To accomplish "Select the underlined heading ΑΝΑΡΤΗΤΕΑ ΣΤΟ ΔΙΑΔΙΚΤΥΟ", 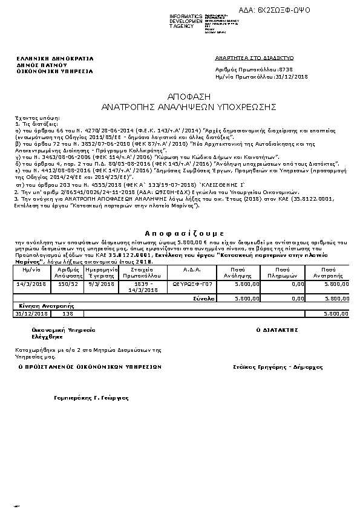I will tap(254, 57).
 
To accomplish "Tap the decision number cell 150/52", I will tap(68, 283).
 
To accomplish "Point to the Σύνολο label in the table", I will tap(205, 298).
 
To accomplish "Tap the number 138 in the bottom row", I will tap(68, 314).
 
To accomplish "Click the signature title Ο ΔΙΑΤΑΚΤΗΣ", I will tap(279, 331).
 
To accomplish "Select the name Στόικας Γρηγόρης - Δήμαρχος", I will tap(278, 367).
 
